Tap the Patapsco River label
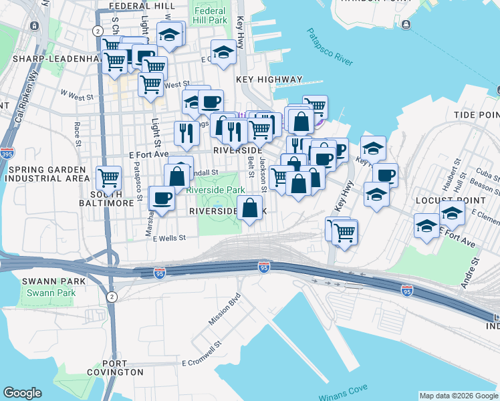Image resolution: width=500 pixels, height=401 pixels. [330, 47]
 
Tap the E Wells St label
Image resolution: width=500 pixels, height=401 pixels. [168, 238]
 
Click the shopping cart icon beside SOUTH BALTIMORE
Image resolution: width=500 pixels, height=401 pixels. [108, 178]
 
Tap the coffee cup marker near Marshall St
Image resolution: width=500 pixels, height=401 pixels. [162, 198]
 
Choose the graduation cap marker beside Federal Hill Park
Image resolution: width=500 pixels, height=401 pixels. [223, 51]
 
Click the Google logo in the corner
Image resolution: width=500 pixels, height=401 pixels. [22, 393]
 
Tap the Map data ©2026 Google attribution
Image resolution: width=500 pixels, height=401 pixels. [459, 396]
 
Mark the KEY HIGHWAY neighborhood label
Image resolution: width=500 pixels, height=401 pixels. [269, 80]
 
